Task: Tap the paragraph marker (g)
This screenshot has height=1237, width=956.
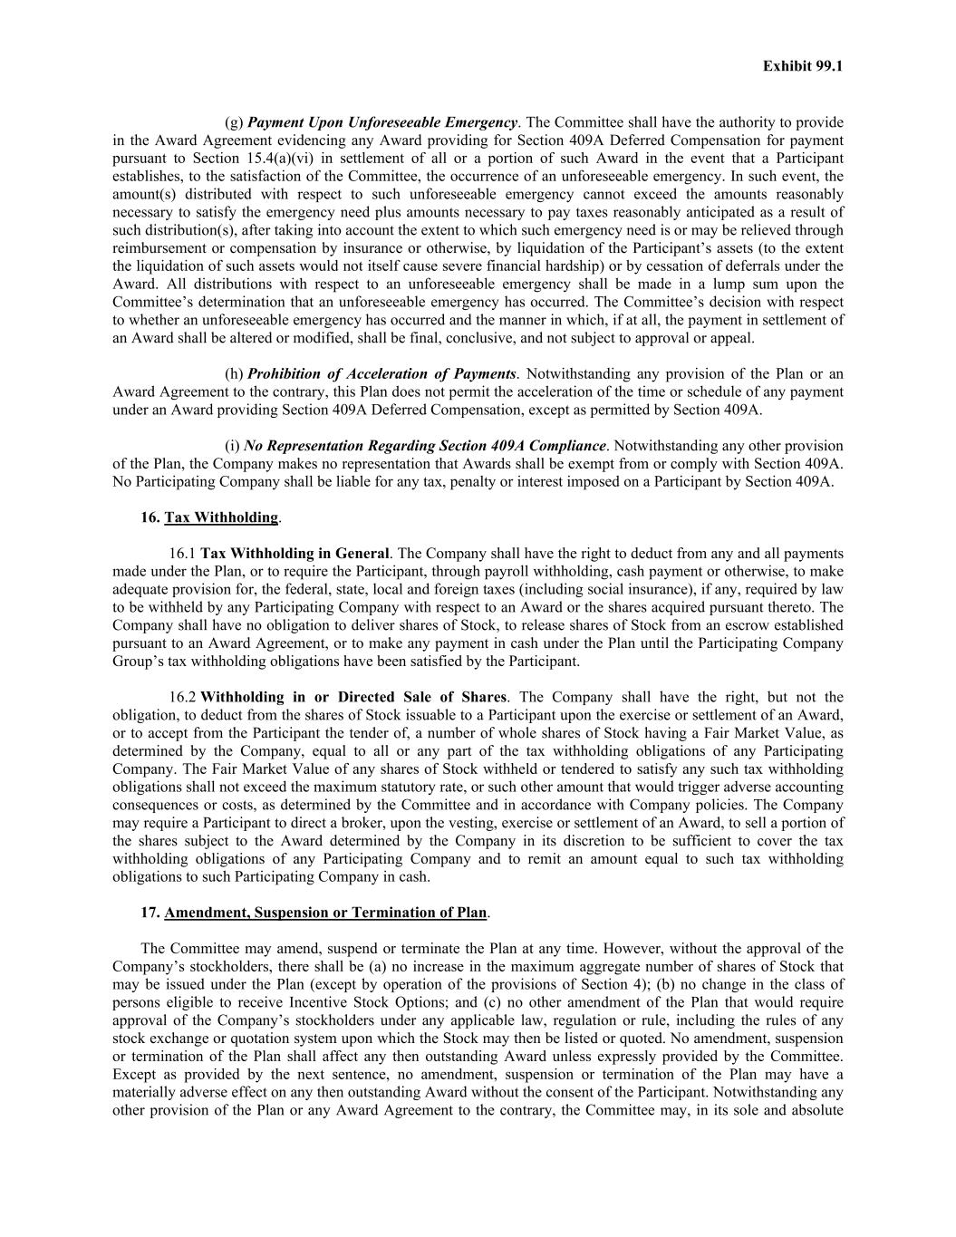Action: coord(234,122)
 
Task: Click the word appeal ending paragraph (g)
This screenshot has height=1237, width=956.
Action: coord(731,338)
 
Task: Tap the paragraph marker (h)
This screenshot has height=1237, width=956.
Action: coord(234,374)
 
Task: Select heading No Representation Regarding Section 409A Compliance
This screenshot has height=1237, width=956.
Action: coord(424,446)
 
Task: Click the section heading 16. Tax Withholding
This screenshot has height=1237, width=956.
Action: coord(210,517)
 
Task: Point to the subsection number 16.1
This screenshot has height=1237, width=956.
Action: coord(182,554)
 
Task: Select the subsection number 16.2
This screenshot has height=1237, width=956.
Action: coord(182,697)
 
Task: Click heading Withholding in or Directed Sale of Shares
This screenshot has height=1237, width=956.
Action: coord(353,697)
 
